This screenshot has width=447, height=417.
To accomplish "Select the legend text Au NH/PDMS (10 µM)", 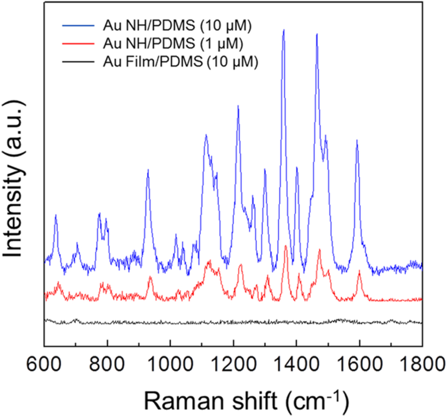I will pos(178,25).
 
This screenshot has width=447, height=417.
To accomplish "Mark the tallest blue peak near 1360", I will pos(283,30).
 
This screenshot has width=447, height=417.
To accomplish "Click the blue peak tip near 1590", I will pos(357,140).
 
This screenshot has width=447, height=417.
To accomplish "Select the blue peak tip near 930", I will pos(148,170).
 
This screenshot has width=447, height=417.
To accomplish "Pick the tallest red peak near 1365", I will pos(286,246).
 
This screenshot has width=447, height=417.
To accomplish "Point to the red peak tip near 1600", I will pos(359,272).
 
